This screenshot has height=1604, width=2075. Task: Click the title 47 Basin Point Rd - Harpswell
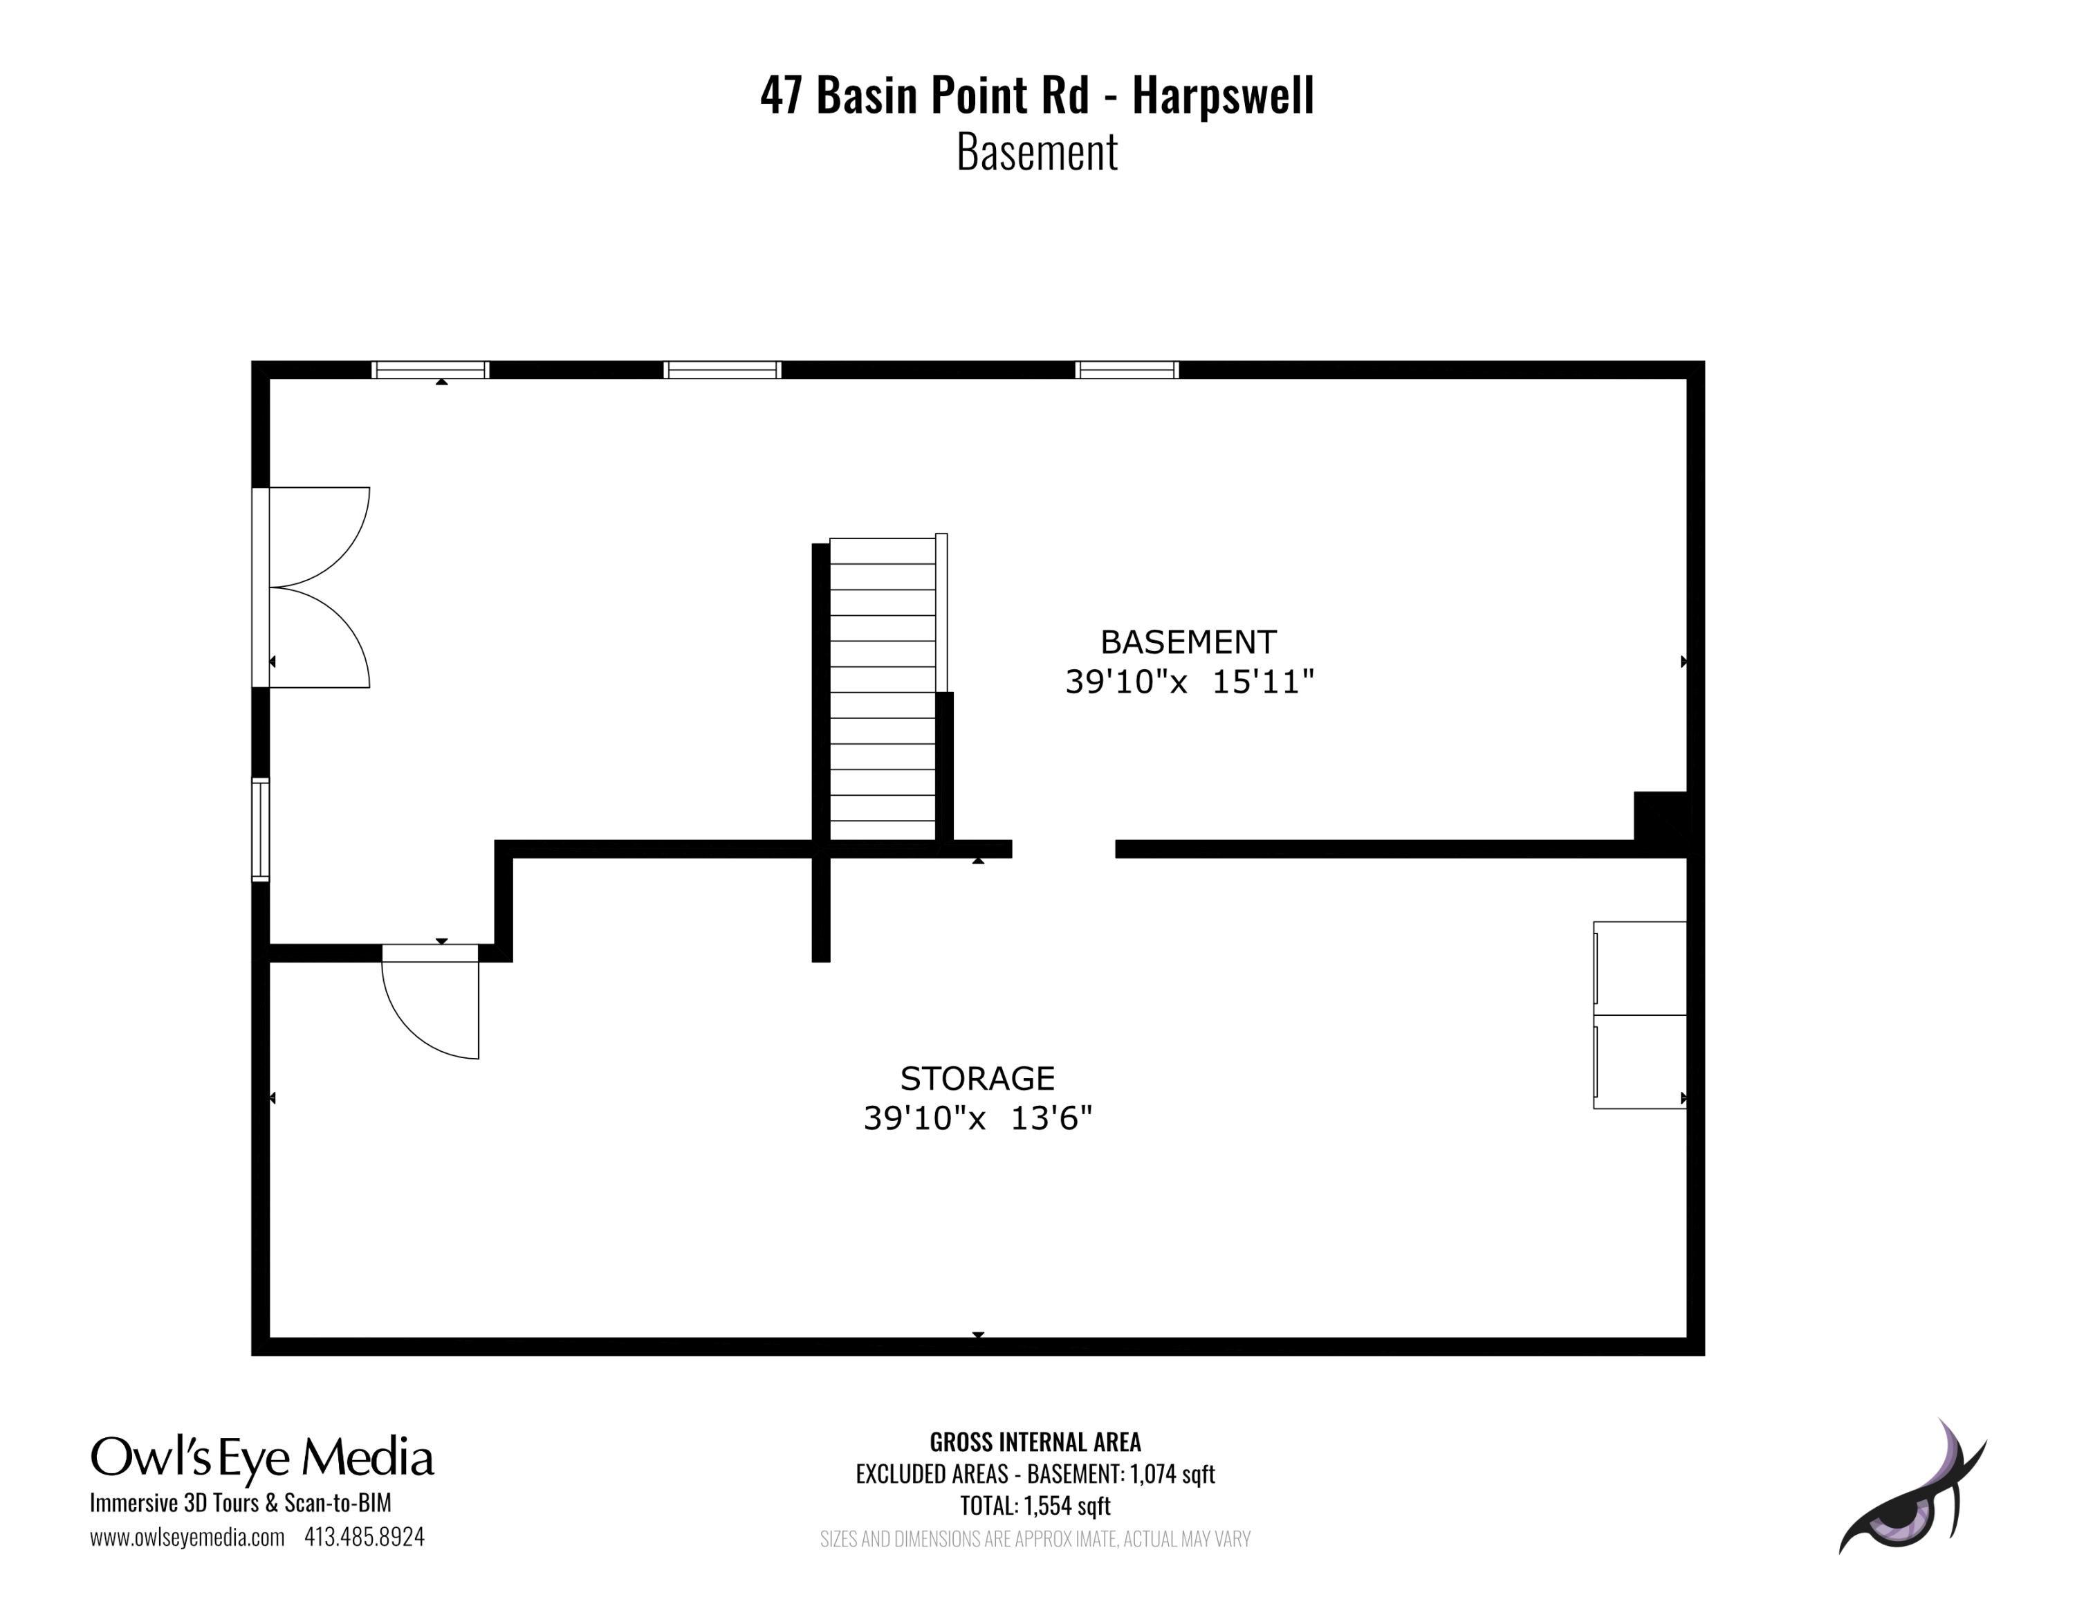click(x=1037, y=96)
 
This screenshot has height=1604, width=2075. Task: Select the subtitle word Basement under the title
click(x=1037, y=152)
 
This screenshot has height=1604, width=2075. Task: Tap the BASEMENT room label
click(x=1188, y=642)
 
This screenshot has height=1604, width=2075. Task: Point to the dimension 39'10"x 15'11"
click(x=1188, y=682)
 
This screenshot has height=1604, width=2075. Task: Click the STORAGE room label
click(x=977, y=1079)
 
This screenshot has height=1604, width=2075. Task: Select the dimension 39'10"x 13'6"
click(x=977, y=1118)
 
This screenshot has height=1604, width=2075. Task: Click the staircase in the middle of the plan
click(x=883, y=690)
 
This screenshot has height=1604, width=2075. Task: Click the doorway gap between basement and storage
click(x=1063, y=848)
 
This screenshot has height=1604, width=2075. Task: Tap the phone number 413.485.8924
click(x=364, y=1537)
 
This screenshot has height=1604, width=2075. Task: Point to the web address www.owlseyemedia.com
click(x=187, y=1537)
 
